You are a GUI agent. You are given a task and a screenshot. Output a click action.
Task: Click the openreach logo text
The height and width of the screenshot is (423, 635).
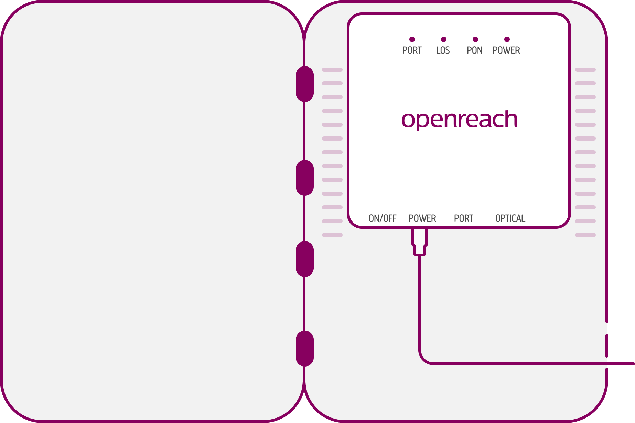459,120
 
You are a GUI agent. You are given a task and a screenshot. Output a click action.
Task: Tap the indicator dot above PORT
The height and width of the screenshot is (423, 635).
412,39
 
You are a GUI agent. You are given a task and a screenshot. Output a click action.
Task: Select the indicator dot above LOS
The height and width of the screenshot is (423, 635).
444,39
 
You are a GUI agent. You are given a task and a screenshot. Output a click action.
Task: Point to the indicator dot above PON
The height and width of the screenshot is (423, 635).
475,39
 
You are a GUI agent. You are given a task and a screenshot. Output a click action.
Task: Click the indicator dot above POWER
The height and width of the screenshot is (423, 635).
507,39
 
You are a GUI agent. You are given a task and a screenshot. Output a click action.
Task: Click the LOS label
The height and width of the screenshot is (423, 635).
443,51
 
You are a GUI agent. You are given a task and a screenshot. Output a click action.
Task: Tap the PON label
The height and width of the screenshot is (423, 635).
475,51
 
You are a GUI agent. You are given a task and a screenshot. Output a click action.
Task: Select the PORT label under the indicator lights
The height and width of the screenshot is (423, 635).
412,51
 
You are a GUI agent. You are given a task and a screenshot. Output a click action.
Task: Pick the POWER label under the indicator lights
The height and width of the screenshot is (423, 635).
506,51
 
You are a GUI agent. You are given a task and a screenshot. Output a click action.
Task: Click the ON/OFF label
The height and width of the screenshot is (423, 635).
383,218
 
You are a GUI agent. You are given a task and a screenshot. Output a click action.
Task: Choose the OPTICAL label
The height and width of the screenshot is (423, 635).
510,218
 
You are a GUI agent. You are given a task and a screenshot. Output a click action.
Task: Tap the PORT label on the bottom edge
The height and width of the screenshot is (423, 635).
464,218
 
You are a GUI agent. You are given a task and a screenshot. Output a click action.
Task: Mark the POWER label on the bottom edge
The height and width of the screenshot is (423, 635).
422,218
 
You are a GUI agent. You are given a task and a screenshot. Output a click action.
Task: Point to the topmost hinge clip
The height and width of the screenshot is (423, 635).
305,84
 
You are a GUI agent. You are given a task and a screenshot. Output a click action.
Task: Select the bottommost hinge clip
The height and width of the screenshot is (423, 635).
305,349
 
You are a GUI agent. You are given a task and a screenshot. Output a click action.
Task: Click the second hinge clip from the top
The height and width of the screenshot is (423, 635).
305,178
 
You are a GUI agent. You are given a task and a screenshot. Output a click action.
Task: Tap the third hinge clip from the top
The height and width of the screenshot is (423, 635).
305,259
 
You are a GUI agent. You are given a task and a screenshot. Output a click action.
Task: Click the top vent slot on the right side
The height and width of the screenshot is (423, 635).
585,70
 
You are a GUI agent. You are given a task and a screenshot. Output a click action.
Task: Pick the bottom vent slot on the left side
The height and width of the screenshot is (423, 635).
332,235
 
